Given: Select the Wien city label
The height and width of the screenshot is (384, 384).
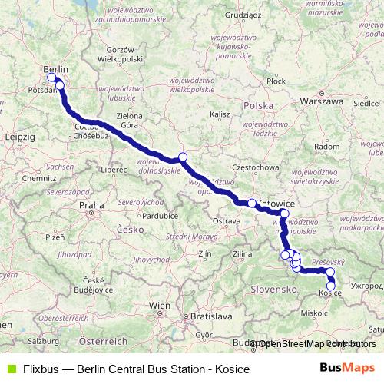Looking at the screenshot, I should (160, 306).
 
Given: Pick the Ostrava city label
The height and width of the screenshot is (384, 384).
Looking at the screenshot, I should (227, 220).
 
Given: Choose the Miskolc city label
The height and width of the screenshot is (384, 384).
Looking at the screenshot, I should (315, 313).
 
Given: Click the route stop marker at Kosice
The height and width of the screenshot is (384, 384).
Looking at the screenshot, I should (331, 286).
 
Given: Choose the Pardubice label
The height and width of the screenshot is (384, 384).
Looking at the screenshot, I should (161, 216).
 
